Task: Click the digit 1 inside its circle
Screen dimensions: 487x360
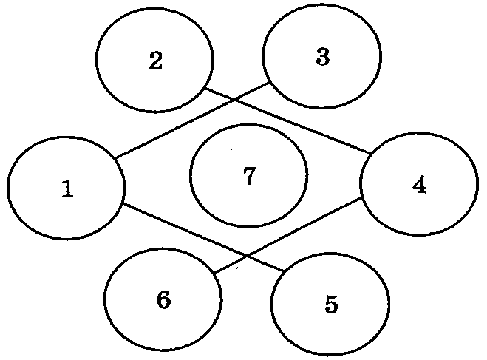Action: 67,189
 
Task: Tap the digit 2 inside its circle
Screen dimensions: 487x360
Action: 156,61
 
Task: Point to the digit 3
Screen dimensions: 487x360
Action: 323,57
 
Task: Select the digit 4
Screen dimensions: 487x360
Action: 420,186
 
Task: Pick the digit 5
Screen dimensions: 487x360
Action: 331,304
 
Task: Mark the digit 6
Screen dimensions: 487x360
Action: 163,299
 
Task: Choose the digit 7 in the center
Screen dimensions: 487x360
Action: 250,175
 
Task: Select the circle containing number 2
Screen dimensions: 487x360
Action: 96,59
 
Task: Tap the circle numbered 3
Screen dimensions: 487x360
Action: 262,56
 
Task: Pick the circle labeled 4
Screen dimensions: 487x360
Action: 360,184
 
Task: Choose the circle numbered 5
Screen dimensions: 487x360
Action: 270,304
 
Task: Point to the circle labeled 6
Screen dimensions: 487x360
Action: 104,299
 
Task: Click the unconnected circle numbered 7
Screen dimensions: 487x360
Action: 190,175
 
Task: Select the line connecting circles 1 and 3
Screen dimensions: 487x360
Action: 192,120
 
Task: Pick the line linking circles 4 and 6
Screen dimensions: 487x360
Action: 287,235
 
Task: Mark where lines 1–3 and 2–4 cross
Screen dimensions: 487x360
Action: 234,100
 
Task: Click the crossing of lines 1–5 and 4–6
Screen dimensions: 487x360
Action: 247,255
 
